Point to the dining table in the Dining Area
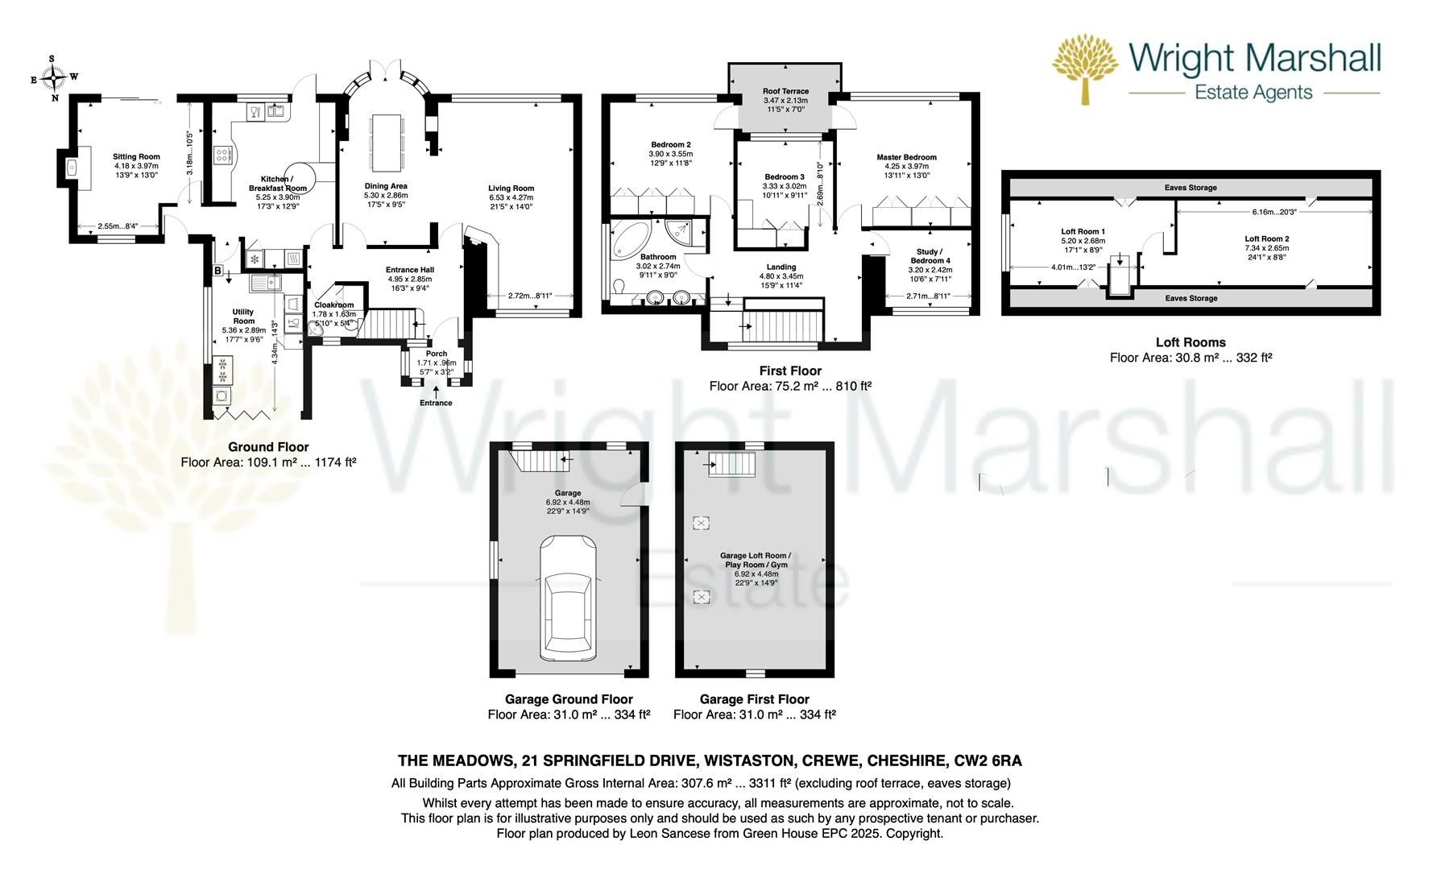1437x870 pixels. click(x=386, y=142)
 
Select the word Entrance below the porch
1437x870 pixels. click(x=436, y=403)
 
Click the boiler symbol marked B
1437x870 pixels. click(x=217, y=271)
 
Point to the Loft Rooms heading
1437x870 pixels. click(x=1191, y=342)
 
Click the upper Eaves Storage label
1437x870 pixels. click(x=1191, y=188)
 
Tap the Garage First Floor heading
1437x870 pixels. click(x=754, y=699)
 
